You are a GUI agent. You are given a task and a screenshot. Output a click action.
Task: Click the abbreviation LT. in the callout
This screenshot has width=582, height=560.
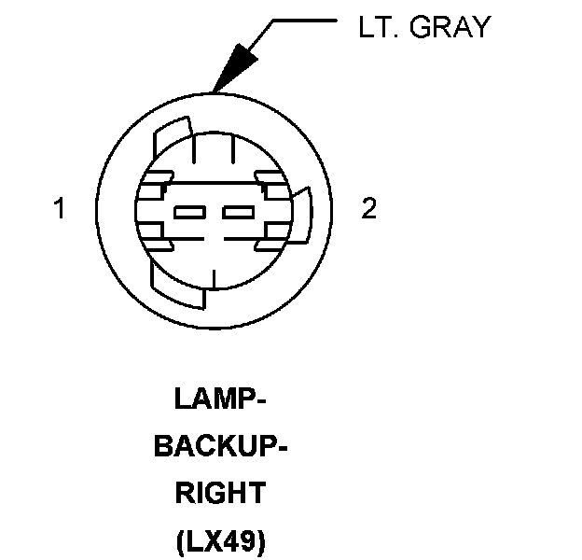(378, 27)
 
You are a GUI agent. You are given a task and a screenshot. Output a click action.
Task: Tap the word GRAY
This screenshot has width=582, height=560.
(450, 27)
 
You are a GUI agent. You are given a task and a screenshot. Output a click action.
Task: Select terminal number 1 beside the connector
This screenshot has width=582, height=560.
(60, 209)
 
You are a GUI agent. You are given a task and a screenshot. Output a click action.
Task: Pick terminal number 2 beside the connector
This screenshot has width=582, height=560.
(369, 209)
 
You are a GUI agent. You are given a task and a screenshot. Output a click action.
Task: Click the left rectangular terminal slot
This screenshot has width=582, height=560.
(190, 212)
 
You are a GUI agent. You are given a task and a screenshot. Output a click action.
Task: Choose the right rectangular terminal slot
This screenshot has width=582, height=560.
(238, 212)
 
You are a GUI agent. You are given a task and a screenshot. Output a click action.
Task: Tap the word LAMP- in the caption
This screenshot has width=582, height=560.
(221, 399)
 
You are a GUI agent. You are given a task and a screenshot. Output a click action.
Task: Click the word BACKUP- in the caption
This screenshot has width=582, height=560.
(220, 446)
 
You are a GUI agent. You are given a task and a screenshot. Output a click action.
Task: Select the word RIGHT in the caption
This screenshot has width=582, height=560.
(220, 493)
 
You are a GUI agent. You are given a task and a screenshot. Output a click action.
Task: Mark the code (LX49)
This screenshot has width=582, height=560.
(220, 539)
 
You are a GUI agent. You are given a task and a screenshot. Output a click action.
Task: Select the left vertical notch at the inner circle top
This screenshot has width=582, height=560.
(193, 150)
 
